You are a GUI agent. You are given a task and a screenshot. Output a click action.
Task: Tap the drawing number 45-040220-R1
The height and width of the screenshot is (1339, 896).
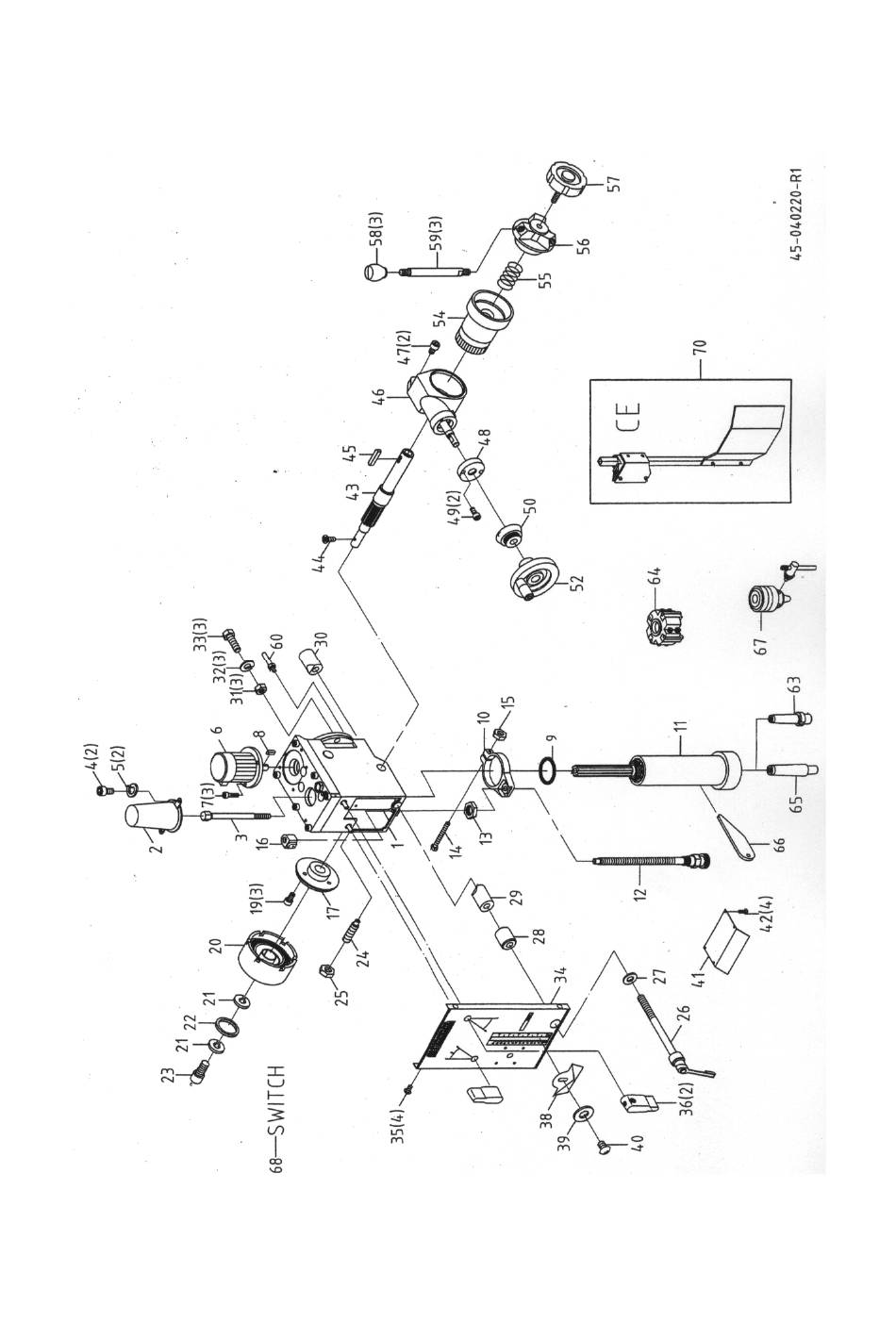pyautogui.click(x=796, y=213)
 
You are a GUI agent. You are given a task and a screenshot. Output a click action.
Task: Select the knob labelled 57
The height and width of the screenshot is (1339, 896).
pyautogui.click(x=566, y=178)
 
